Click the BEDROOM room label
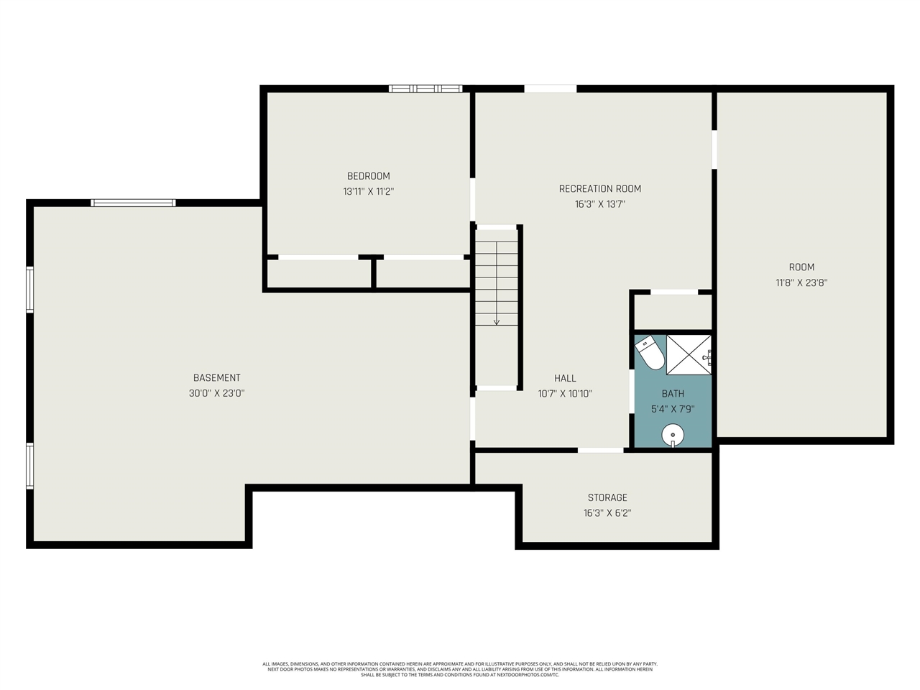point(368,176)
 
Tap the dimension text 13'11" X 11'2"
point(368,192)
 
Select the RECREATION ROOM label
point(599,189)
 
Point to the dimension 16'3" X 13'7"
point(599,204)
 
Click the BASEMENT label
point(216,378)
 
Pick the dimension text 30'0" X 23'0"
point(216,394)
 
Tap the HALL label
point(565,378)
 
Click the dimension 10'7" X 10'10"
point(565,394)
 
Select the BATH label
point(673,394)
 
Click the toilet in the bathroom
point(651,352)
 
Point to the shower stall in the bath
point(688,354)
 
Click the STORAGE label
point(607,497)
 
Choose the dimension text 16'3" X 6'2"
point(607,513)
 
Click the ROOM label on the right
point(801,267)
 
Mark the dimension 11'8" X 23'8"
point(801,283)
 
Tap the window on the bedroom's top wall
point(425,88)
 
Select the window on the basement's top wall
point(133,203)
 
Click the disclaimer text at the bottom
point(460,669)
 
